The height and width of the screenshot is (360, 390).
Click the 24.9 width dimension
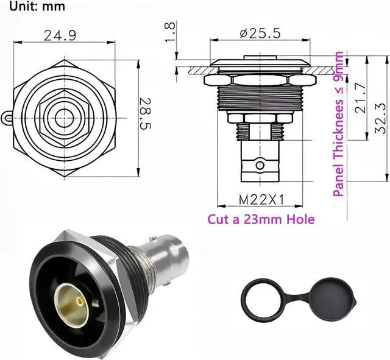click(60, 35)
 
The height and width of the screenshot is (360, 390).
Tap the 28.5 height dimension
click(145, 113)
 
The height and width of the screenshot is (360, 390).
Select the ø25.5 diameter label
click(260, 33)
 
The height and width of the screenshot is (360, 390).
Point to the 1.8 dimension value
click(171, 32)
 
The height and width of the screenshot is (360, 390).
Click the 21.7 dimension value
click(361, 97)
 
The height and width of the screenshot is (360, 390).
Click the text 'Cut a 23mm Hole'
click(261, 219)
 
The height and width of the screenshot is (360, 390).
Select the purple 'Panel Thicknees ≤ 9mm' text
click(339, 124)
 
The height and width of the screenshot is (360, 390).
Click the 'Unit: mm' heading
click(37, 6)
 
